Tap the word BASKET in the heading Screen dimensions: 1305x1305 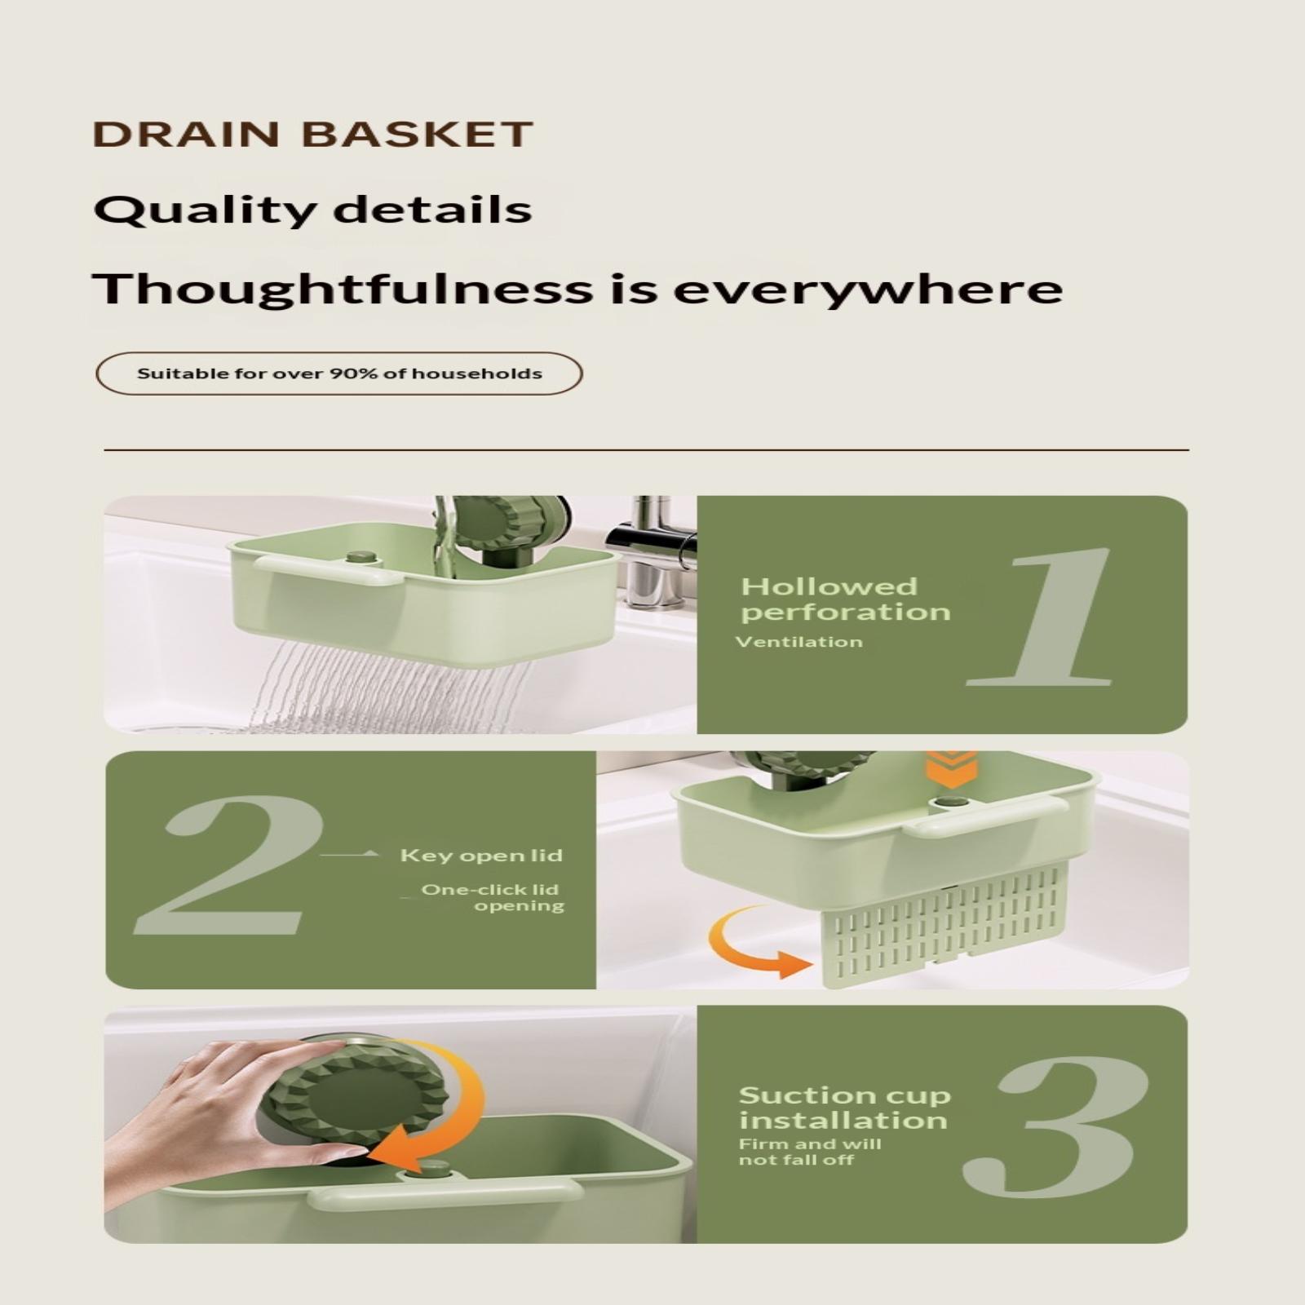[418, 135]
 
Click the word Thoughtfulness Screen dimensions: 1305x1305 [342, 288]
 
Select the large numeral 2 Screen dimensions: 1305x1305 [229, 865]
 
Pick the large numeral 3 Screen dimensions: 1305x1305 [1056, 1127]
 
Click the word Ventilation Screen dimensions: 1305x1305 [798, 642]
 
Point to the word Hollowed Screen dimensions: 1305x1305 [829, 586]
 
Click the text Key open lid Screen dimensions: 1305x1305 [481, 856]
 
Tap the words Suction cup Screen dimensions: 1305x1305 [845, 1095]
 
